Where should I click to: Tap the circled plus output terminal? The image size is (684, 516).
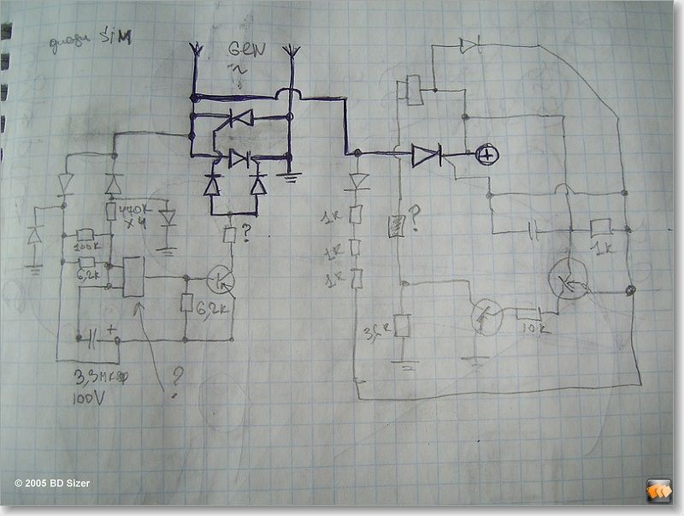[x=486, y=155]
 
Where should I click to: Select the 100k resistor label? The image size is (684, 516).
[x=87, y=247]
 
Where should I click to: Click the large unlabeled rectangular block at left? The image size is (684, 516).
[x=133, y=277]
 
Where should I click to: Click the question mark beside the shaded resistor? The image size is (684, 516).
[x=415, y=217]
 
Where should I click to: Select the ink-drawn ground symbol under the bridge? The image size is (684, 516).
[x=292, y=178]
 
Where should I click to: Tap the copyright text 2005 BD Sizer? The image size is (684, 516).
[x=51, y=483]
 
